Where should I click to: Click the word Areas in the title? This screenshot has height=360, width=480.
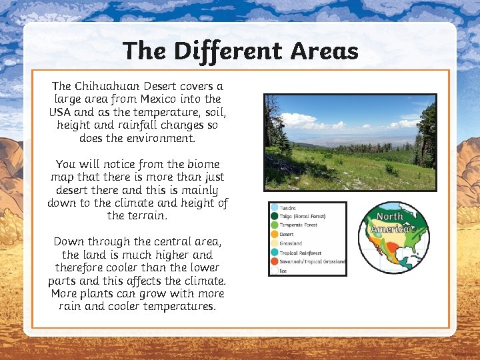pyautogui.click(x=325, y=51)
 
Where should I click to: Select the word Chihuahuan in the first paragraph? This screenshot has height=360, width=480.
pyautogui.click(x=109, y=86)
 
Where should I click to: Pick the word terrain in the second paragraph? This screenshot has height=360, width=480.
pyautogui.click(x=145, y=215)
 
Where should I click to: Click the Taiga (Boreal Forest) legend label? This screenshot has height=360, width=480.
pyautogui.click(x=303, y=216)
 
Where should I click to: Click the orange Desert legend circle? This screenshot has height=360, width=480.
pyautogui.click(x=274, y=235)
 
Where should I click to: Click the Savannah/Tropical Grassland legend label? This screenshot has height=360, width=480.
pyautogui.click(x=312, y=262)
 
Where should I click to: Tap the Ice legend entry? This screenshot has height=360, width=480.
pyautogui.click(x=283, y=271)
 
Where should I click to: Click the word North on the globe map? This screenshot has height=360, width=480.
pyautogui.click(x=390, y=217)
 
